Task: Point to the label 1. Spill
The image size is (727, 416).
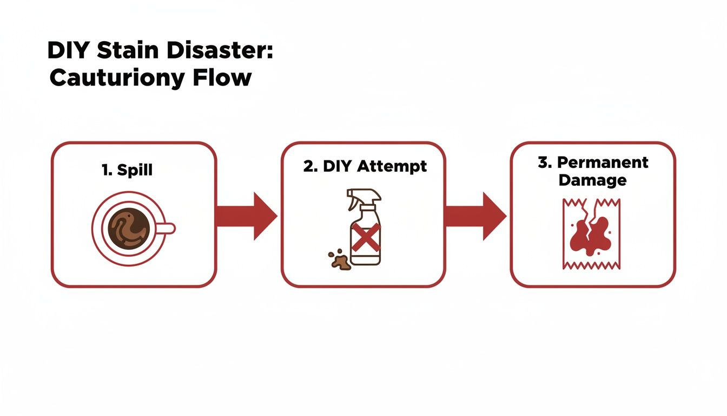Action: [127, 170]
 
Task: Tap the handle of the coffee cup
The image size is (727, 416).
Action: [167, 228]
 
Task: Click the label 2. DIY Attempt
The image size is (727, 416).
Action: [365, 166]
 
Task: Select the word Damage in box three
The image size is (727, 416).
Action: [592, 180]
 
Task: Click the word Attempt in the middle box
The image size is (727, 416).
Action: [392, 166]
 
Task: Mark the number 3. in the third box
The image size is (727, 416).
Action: [544, 162]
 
